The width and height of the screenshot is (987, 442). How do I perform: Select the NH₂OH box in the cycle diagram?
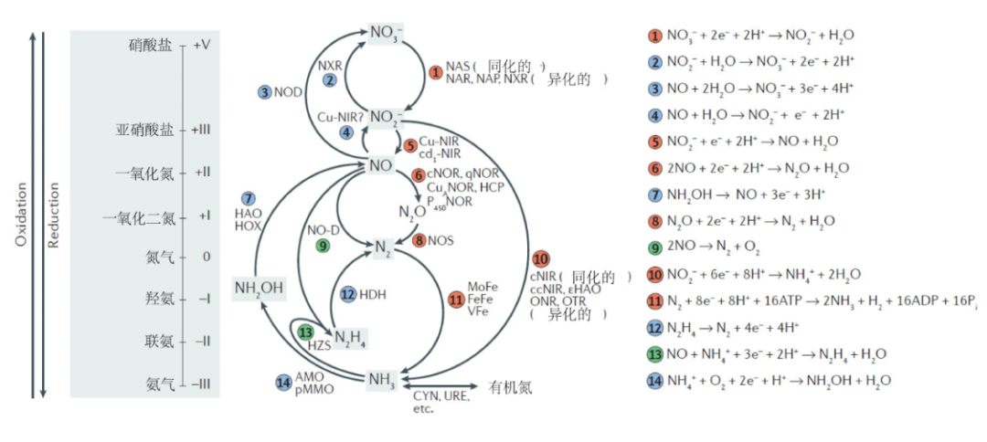coord(259,289)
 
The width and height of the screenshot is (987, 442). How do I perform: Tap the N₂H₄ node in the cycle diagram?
coord(352,340)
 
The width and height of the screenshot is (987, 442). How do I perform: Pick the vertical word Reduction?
coord(54,214)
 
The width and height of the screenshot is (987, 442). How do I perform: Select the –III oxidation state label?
coord(200,384)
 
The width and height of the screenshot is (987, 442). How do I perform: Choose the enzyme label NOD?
coord(288,92)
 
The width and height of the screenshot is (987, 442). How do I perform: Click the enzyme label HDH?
coord(373,295)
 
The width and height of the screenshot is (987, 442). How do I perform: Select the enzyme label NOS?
coord(440,241)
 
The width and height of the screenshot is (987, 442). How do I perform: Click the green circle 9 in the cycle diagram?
coord(320,245)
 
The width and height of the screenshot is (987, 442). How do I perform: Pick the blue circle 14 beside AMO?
coord(283,382)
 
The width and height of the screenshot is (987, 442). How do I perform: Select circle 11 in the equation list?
coord(654,300)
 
